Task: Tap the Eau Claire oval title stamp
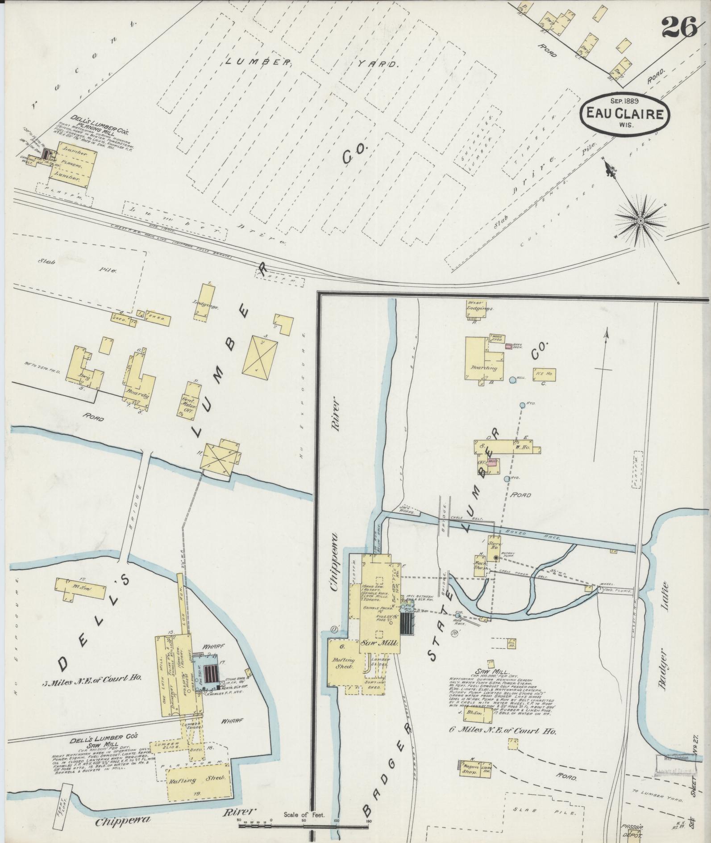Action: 624,113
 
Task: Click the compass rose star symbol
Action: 640,221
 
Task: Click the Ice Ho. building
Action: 544,375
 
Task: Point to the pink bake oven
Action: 508,346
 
